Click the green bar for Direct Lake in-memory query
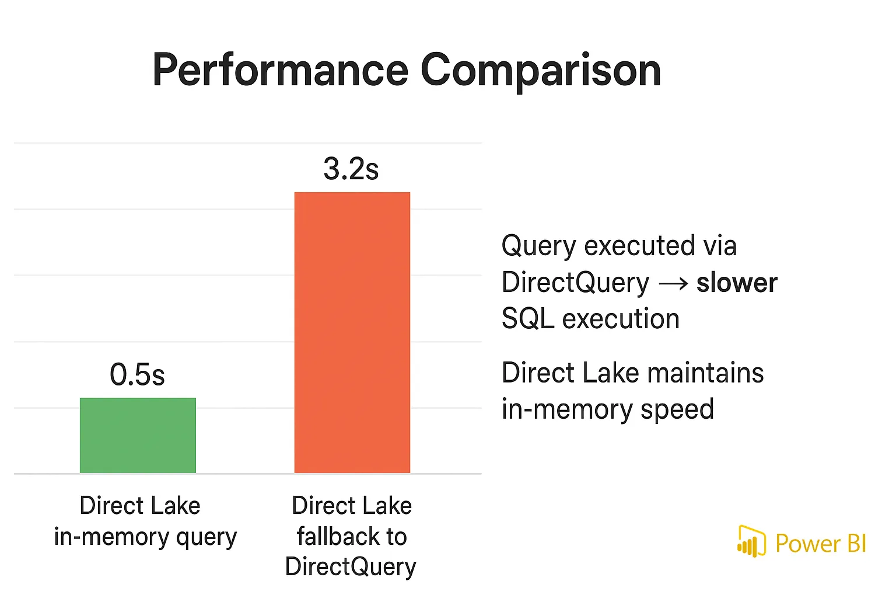coord(138,435)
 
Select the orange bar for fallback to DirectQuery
coord(352,332)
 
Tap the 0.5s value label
coord(137,374)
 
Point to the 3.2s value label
coord(351,169)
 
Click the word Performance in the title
coord(280,71)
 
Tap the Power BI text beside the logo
coord(820,544)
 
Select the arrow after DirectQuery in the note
coord(673,284)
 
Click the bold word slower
coord(737,283)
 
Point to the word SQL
coord(527,319)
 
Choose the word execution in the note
coord(621,319)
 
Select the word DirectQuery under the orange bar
coord(351,567)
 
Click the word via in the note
coord(720,246)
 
